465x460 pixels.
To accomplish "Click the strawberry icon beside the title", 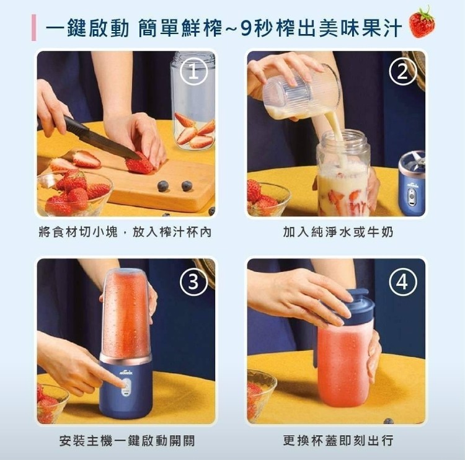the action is tap(422, 22).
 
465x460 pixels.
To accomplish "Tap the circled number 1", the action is tap(193, 72).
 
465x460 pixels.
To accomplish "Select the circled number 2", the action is tap(403, 72).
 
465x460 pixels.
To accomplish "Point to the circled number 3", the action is tap(193, 281).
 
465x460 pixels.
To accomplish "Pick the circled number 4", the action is tap(403, 281).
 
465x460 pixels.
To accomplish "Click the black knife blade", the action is tap(101, 139).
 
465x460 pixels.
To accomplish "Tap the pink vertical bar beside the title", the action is tap(34, 27).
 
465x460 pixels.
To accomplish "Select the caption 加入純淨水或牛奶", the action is tap(338, 232).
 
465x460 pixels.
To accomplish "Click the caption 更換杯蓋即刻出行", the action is tap(338, 441).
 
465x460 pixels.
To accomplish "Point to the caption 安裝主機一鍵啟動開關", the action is tap(127, 441).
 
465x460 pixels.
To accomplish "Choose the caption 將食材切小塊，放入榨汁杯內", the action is tap(125, 232).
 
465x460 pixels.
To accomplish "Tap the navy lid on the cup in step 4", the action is tap(355, 307).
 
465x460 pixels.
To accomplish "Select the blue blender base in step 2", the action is tap(412, 184).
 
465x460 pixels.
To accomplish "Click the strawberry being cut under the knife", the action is tap(139, 164).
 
